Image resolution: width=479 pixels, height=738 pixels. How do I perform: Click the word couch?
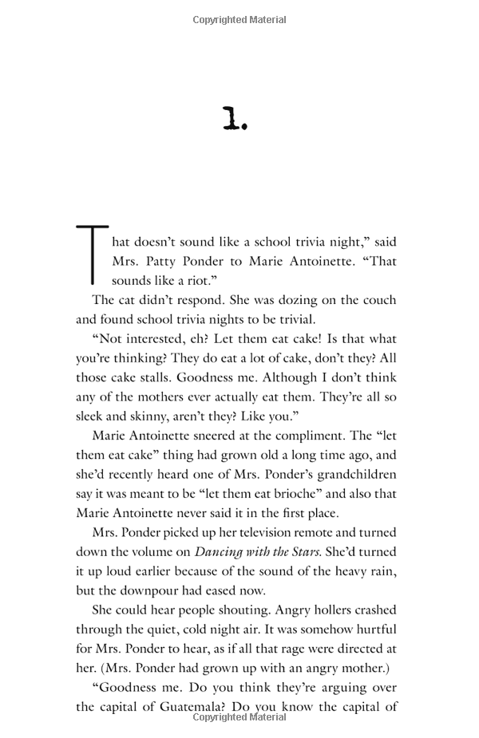377,300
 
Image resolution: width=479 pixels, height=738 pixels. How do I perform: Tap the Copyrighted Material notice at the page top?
239,19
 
